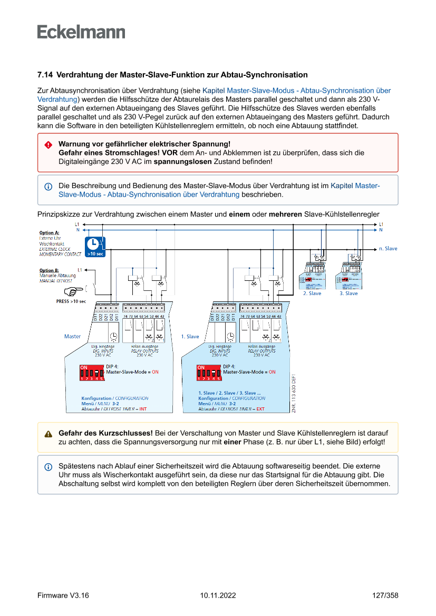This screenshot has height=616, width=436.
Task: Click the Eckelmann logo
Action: tap(81, 32)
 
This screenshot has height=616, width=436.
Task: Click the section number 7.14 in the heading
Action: tap(45, 75)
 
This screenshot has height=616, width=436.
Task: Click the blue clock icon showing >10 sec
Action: tap(95, 247)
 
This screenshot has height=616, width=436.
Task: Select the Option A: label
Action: tap(50, 232)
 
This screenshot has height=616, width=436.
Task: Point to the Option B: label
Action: tap(50, 270)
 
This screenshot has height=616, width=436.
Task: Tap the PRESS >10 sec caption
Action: tap(71, 301)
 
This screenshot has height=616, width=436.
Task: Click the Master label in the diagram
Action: tap(72, 336)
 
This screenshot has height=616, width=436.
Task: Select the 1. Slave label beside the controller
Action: tap(190, 336)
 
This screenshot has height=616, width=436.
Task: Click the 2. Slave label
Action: tap(312, 294)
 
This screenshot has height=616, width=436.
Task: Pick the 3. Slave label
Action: tap(348, 294)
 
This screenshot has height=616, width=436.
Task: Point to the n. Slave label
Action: tap(389, 248)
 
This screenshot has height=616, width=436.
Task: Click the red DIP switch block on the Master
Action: tap(92, 373)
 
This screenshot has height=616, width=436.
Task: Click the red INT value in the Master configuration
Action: tap(143, 409)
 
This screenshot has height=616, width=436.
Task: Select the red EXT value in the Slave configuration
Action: tap(260, 409)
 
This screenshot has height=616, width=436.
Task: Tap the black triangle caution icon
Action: tap(48, 434)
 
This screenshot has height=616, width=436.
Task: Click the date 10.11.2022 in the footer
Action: tap(218, 595)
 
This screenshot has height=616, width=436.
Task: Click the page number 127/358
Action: tap(385, 595)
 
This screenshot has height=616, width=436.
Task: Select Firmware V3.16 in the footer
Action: tap(63, 595)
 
